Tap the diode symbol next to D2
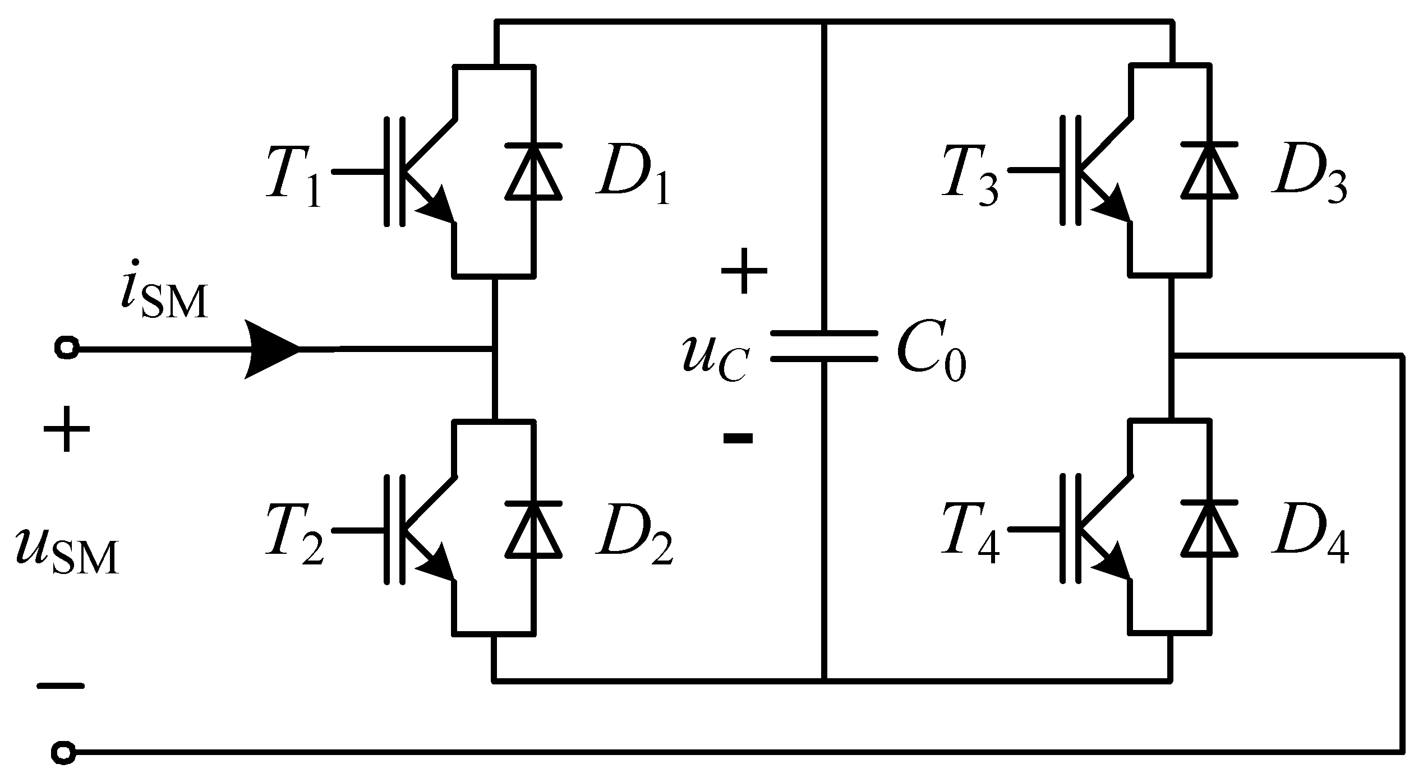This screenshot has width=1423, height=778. coord(533,529)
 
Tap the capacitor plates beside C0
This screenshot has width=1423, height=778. coord(823,346)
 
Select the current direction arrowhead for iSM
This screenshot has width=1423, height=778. coord(272,349)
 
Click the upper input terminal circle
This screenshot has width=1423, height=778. coord(66,348)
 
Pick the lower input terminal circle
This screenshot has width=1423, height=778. coord(62,751)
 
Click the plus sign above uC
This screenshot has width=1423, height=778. coord(744,271)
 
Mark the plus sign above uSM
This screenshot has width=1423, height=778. coord(66,429)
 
